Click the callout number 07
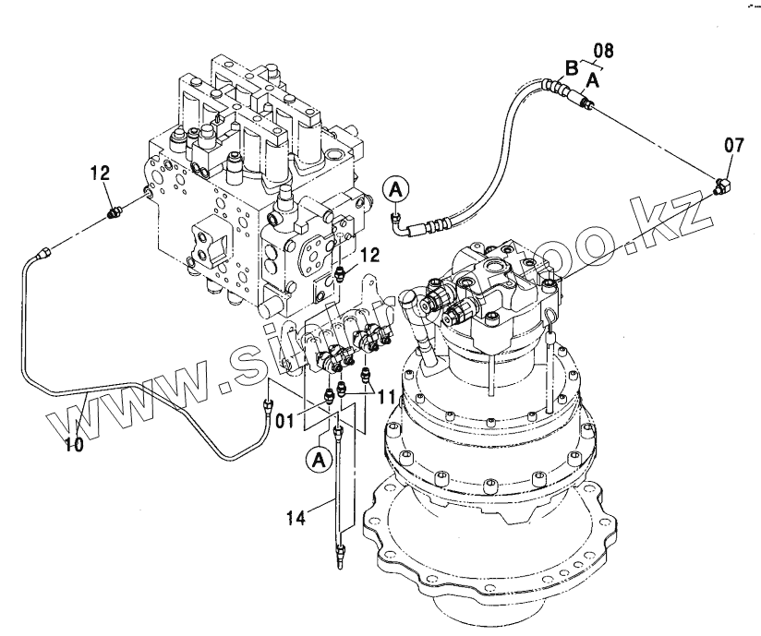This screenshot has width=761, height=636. pyautogui.click(x=732, y=144)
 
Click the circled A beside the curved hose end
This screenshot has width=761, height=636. pyautogui.click(x=396, y=189)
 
